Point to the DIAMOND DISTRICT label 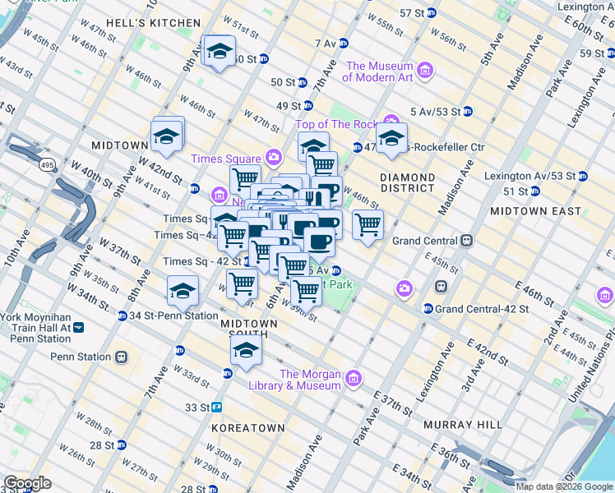408,182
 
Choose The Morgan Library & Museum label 310,379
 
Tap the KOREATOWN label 247,428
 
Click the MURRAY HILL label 463,425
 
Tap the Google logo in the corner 27,483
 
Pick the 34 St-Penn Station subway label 173,316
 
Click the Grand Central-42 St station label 474,308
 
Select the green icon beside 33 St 217,407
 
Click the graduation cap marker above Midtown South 244,351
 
